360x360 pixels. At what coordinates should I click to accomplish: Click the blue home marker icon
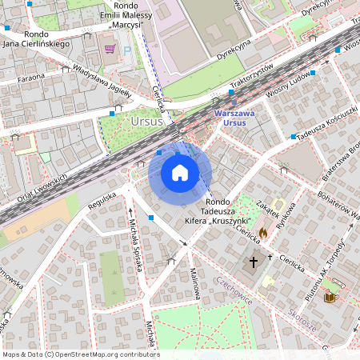[x=180, y=173]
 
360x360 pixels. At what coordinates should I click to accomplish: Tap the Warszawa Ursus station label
[x=234, y=118]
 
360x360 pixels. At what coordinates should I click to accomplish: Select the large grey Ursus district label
[x=145, y=121]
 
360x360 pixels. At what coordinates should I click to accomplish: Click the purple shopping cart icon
[x=110, y=50]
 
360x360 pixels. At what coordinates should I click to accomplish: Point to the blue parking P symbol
[x=126, y=50]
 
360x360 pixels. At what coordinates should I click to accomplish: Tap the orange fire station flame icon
[x=262, y=233]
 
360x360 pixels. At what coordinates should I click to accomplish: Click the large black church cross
[x=254, y=262]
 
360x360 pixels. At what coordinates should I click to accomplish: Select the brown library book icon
[x=327, y=298]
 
